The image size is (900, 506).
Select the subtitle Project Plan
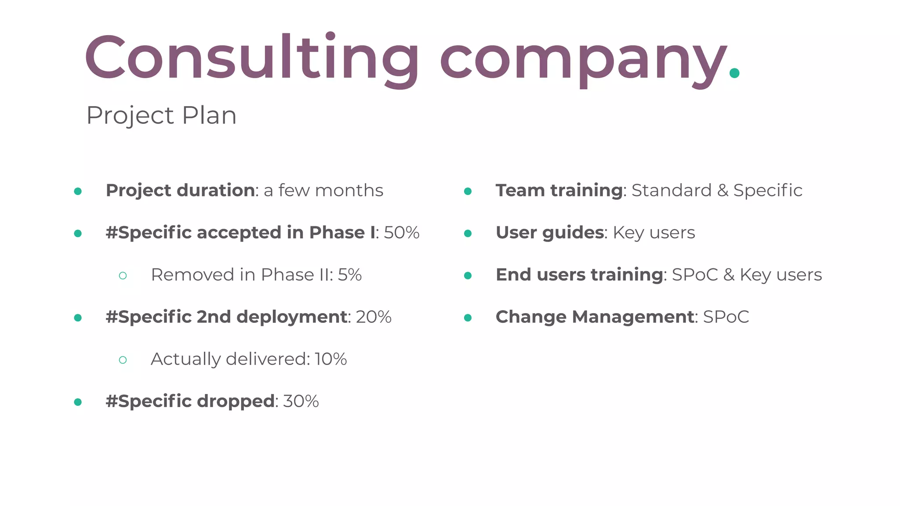pos(161,116)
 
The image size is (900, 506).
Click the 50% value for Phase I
pos(402,233)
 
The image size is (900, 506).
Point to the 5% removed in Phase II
pos(350,275)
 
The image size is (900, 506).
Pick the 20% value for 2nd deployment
pos(374,317)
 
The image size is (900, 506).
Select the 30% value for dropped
pos(301,401)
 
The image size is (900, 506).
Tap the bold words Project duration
pos(180,191)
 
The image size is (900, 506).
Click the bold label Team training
pos(559,191)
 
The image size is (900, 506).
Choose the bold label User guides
pos(550,233)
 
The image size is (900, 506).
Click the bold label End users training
pos(579,275)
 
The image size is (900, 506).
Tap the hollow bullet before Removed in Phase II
pos(123,276)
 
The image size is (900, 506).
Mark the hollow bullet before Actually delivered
pos(123,360)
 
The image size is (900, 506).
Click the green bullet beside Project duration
pos(78,191)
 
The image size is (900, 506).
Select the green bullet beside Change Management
pos(468,318)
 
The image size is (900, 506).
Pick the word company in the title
pos(582,59)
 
